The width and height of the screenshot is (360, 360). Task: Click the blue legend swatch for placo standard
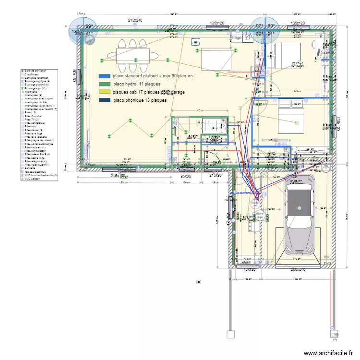[x=104, y=76]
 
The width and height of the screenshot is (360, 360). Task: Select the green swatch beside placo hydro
[x=104, y=84]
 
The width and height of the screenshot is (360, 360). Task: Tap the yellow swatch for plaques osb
[x=104, y=92]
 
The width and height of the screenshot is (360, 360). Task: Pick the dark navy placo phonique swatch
[x=104, y=100]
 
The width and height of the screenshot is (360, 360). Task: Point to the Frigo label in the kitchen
[x=237, y=36]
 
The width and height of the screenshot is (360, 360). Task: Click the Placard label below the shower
[x=215, y=137]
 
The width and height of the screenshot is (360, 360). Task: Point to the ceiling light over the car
[x=299, y=208]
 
